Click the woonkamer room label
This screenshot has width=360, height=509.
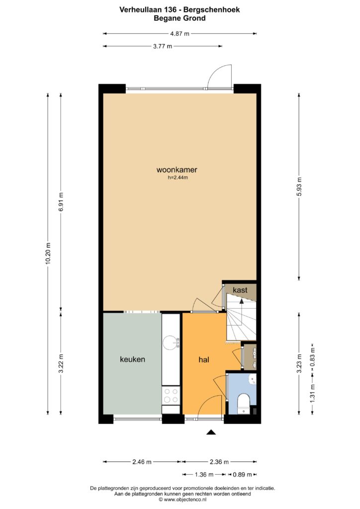[x=177, y=170]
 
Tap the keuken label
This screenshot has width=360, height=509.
[x=132, y=359]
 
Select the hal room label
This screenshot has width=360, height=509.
[x=204, y=360]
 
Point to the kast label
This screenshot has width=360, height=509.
[x=240, y=290]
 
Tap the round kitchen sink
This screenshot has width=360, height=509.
[x=171, y=343]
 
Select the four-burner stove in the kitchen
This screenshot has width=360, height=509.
[x=171, y=395]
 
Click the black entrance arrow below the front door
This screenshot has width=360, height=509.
[x=211, y=432]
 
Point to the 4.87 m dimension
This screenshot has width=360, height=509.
[x=180, y=33]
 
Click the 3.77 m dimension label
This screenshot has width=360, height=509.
[x=163, y=46]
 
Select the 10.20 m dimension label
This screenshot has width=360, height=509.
[x=48, y=253]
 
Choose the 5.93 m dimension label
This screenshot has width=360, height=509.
[x=299, y=186]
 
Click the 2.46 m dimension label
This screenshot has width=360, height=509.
[x=142, y=462]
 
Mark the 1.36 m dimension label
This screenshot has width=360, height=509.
[x=204, y=475]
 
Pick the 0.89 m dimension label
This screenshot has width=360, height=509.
[x=242, y=475]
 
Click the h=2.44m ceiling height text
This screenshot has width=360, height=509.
[x=178, y=177]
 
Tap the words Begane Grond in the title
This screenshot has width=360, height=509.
[x=180, y=18]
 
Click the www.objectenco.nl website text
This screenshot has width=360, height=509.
[x=185, y=500]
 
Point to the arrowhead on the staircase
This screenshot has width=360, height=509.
[x=242, y=301]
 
